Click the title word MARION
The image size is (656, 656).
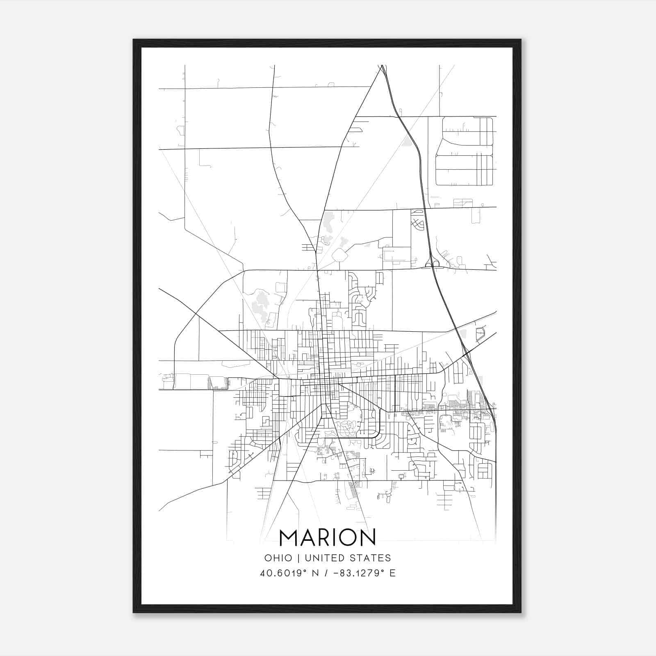coord(327,538)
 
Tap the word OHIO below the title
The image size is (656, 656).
coord(278,558)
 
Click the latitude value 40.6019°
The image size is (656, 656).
coord(284,573)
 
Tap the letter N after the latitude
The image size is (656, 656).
coord(315,573)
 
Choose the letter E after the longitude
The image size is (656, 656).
coord(393,573)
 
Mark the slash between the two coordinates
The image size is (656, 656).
coord(326,573)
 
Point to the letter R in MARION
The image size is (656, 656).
coord(324,538)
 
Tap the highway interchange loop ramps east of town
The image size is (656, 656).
coord(432,262)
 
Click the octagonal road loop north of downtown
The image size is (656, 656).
coord(339,255)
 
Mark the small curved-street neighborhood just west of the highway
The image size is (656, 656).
coord(417,221)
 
